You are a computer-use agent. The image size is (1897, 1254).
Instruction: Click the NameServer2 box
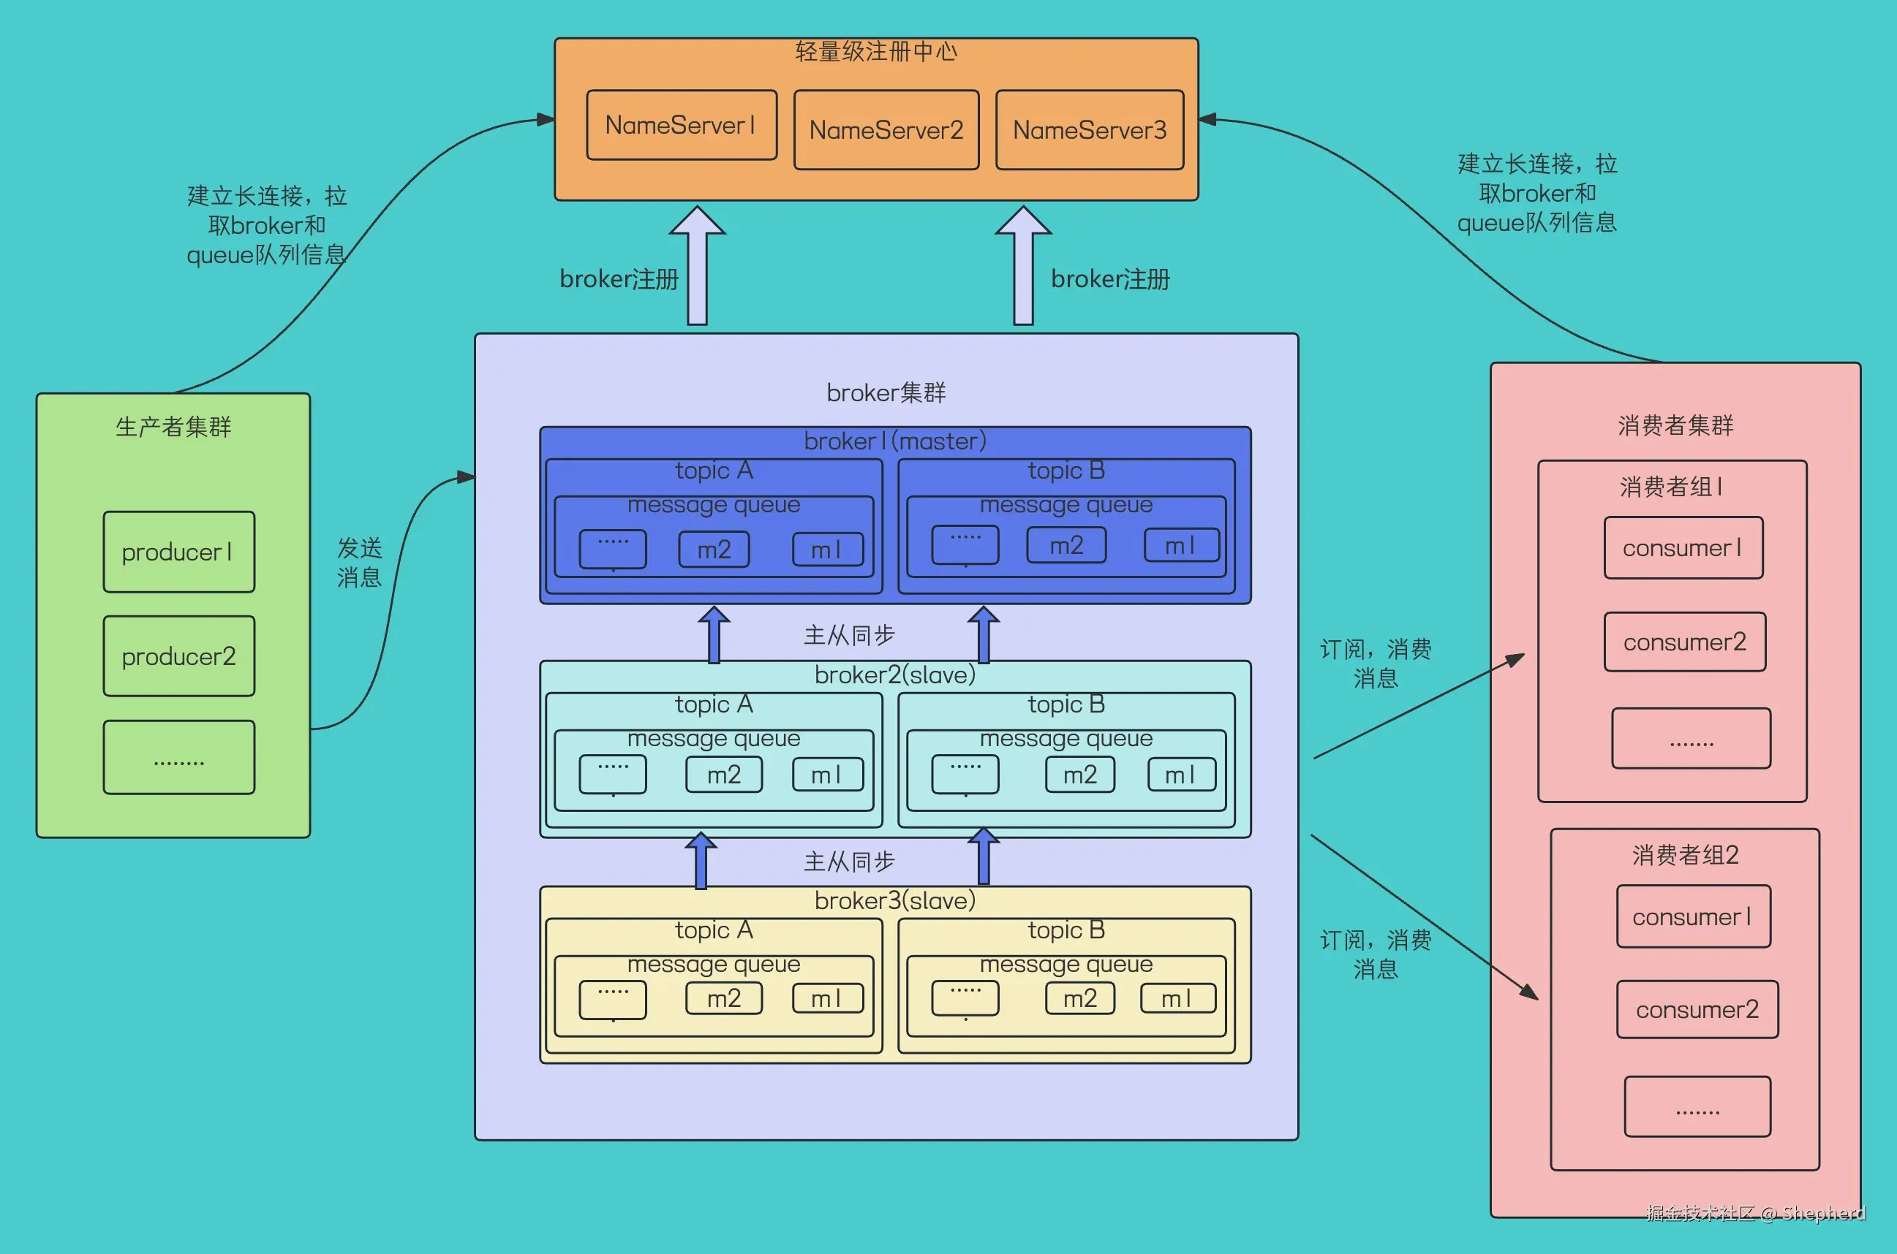click(x=886, y=129)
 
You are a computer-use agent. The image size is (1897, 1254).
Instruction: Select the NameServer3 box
click(x=1090, y=129)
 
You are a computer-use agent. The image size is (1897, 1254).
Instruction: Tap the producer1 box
click(x=179, y=552)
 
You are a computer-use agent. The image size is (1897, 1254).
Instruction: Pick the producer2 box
click(x=179, y=655)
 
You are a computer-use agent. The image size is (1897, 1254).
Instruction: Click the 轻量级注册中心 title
click(x=876, y=52)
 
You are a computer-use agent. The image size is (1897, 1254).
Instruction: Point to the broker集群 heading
click(x=886, y=392)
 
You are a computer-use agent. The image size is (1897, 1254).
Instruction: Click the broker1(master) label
click(x=895, y=441)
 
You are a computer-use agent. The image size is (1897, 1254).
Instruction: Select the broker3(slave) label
click(x=895, y=900)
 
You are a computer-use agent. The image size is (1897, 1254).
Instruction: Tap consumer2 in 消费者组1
click(x=1685, y=642)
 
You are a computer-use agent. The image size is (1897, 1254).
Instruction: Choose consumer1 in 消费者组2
click(x=1694, y=916)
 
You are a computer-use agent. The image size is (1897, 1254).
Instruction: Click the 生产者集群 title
click(x=173, y=427)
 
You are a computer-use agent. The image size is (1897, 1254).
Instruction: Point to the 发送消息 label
click(x=359, y=562)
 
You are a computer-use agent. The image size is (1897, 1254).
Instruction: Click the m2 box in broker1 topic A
click(x=714, y=550)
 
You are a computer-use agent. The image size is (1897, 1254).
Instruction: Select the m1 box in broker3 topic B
click(x=1177, y=998)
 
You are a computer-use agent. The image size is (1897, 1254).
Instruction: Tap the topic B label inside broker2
click(x=1066, y=704)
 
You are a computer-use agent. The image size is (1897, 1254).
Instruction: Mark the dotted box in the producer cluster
click(x=179, y=757)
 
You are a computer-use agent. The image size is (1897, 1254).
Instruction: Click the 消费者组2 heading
click(x=1686, y=855)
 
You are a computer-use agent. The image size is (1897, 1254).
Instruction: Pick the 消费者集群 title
click(x=1675, y=425)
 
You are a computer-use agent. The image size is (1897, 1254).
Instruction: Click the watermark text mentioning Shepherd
click(x=1756, y=1213)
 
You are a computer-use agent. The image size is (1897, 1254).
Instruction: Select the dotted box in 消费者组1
click(x=1692, y=738)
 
